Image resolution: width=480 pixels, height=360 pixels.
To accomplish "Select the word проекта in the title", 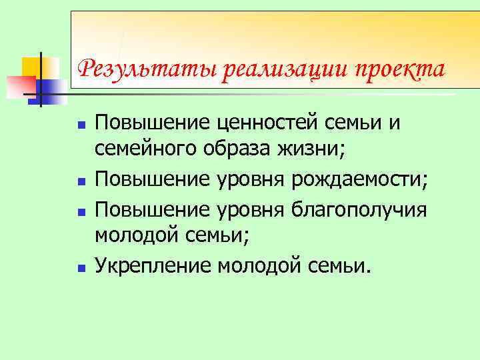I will point(401,69).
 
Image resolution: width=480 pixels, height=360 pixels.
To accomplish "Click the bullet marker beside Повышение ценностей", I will point(80,125).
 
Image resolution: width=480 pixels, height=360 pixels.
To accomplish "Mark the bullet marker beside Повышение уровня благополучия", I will point(80,211).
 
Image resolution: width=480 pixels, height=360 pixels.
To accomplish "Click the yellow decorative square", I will point(32,67).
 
